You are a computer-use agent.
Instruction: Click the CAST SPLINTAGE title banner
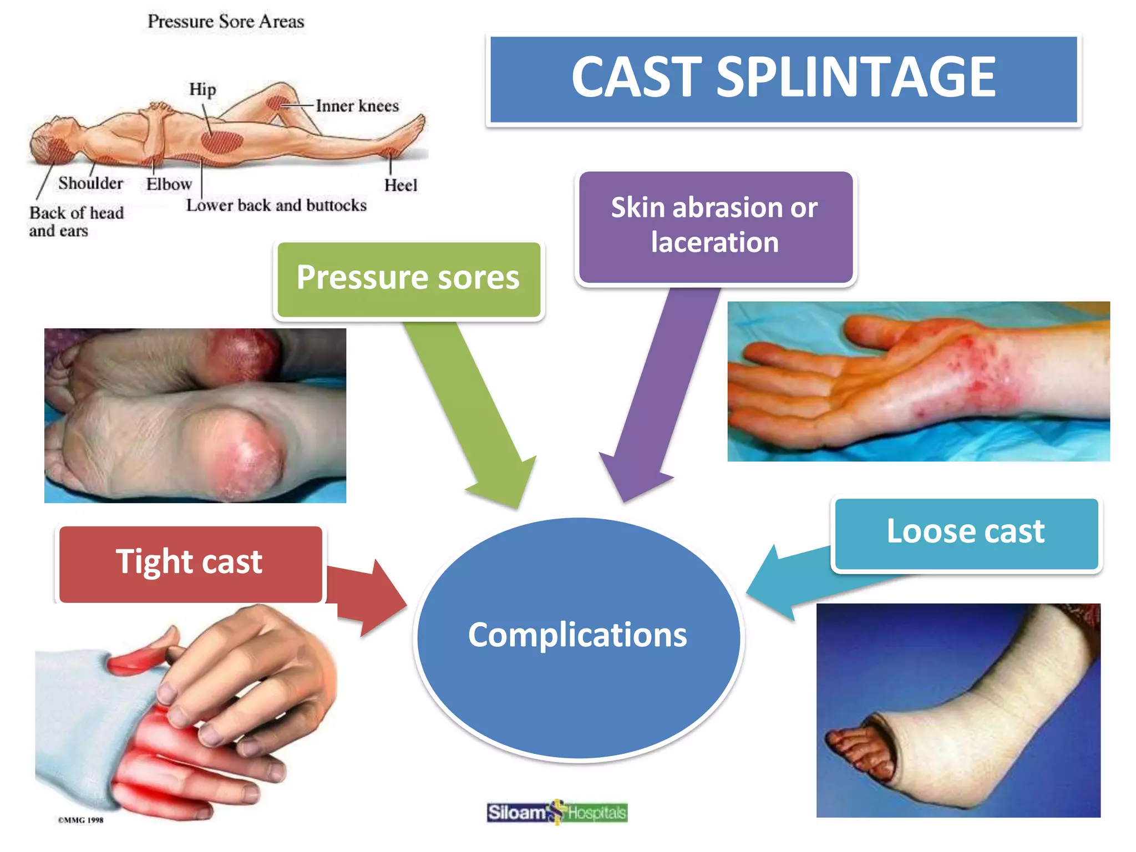coord(783,79)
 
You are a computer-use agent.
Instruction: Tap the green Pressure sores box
coord(408,279)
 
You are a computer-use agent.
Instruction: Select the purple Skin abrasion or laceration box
coord(715,226)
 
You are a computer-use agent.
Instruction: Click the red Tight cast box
coord(190,563)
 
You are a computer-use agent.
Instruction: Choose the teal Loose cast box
coord(966,533)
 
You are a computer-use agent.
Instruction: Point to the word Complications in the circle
coord(577,635)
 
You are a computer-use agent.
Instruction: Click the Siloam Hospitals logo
coord(557,813)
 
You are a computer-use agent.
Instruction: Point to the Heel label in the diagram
coord(400,185)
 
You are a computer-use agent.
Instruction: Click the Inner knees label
coord(357,106)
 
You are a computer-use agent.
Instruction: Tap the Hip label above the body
coord(202,89)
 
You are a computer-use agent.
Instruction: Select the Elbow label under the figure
coord(169,184)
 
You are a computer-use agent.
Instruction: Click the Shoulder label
coord(90,183)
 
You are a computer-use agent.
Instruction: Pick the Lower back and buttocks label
coord(276,206)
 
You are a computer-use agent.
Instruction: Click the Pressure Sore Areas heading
coord(226,22)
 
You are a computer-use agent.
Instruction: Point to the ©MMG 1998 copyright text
coord(81,820)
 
